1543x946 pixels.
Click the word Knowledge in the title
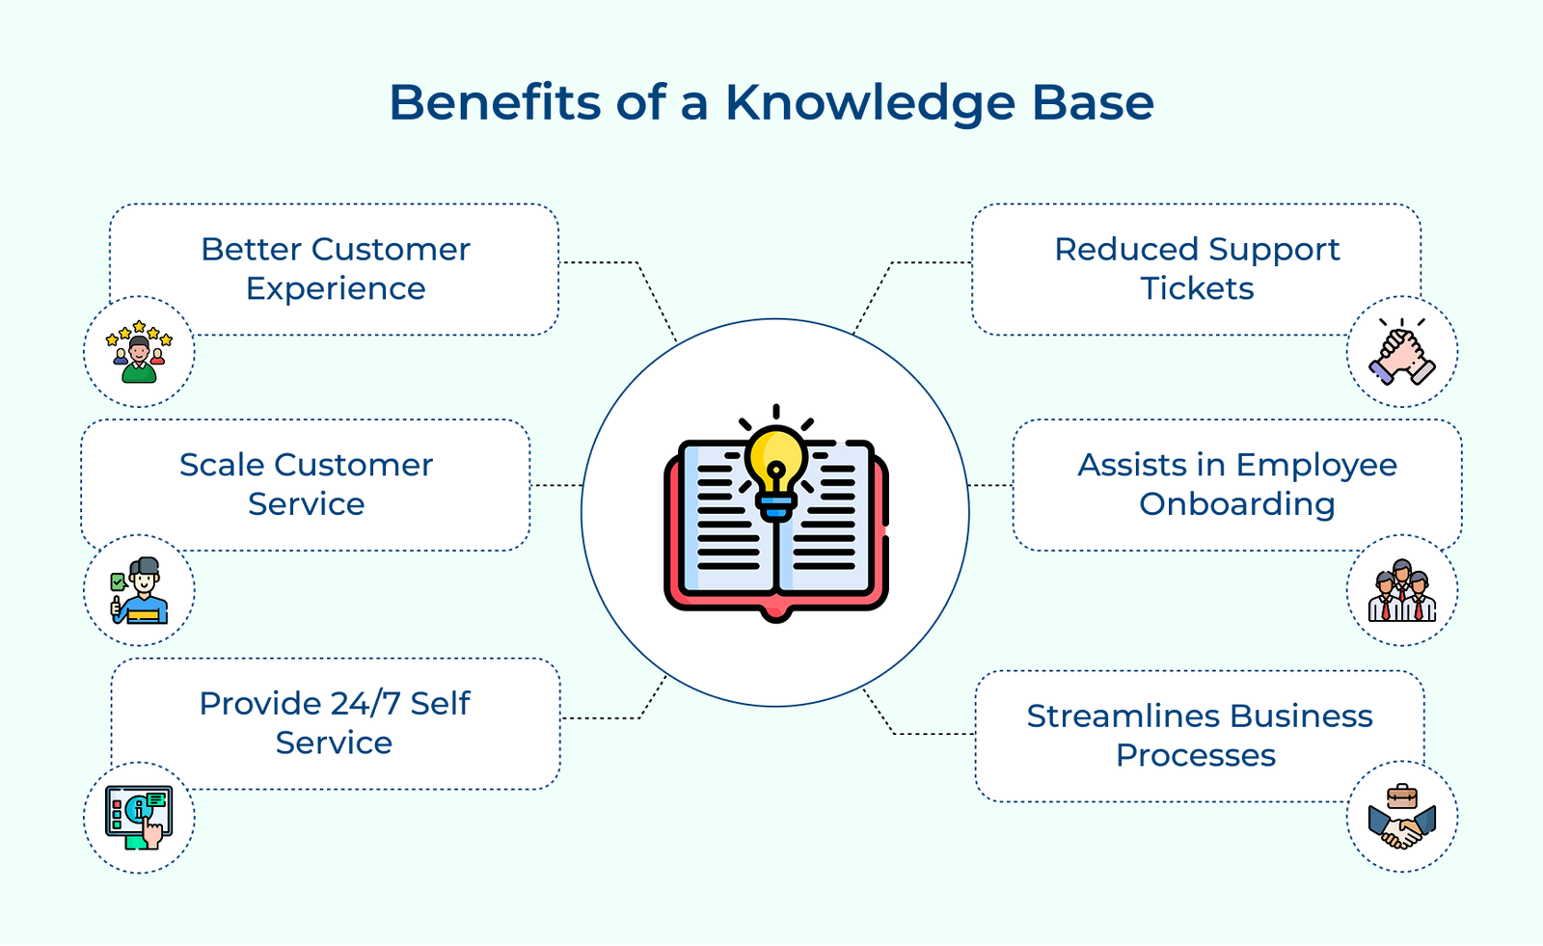870,102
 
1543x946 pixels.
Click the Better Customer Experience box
335,269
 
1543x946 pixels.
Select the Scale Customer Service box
306,484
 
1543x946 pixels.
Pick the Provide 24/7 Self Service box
335,723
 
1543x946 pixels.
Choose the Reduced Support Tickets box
1196,269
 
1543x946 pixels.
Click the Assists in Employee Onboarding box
1236,484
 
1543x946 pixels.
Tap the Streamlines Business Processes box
1199,736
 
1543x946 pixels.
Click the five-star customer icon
139,352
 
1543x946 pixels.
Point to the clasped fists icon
1401,354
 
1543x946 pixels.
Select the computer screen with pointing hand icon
139,817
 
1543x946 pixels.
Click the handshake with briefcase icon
1401,818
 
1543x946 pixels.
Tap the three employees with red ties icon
1401,591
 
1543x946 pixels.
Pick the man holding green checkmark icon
139,591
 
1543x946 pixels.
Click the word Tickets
1197,288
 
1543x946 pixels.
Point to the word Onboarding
1236,504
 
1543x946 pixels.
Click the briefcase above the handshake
1401,797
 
